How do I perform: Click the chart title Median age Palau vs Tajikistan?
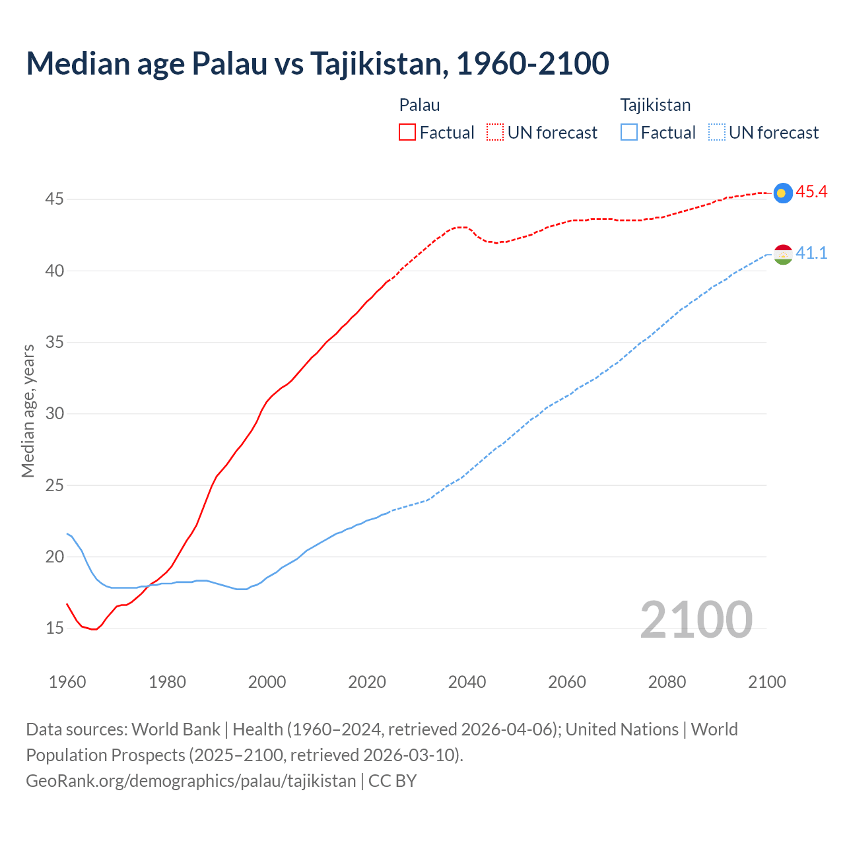[x=317, y=63]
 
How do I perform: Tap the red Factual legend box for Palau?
[x=407, y=132]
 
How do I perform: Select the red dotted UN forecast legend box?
[x=495, y=132]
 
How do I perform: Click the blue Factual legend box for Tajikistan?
[x=629, y=132]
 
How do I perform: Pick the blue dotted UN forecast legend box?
[x=716, y=132]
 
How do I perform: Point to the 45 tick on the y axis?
[x=54, y=199]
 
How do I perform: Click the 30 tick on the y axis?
[x=54, y=413]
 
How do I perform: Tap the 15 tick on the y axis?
[x=54, y=628]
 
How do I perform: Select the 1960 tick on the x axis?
[x=67, y=681]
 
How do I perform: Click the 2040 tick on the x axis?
[x=467, y=681]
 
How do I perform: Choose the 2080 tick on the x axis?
[x=667, y=681]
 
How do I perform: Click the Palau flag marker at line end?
[x=782, y=193]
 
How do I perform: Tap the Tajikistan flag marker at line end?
[x=782, y=254]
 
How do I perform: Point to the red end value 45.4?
[x=811, y=192]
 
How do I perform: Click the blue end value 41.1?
[x=811, y=253]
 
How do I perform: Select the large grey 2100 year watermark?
[x=696, y=619]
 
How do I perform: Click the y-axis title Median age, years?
[x=28, y=411]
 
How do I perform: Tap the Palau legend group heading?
[x=419, y=105]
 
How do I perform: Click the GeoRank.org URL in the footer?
[x=191, y=780]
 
